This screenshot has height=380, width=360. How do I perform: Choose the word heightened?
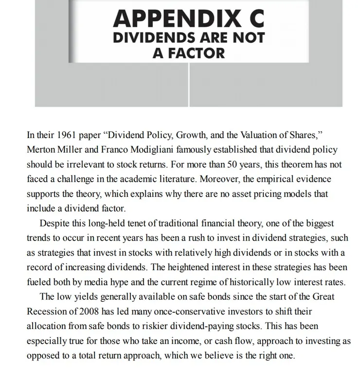(171, 267)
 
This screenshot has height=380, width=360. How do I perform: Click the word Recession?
(47, 311)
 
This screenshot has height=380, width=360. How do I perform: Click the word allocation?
(47, 326)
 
